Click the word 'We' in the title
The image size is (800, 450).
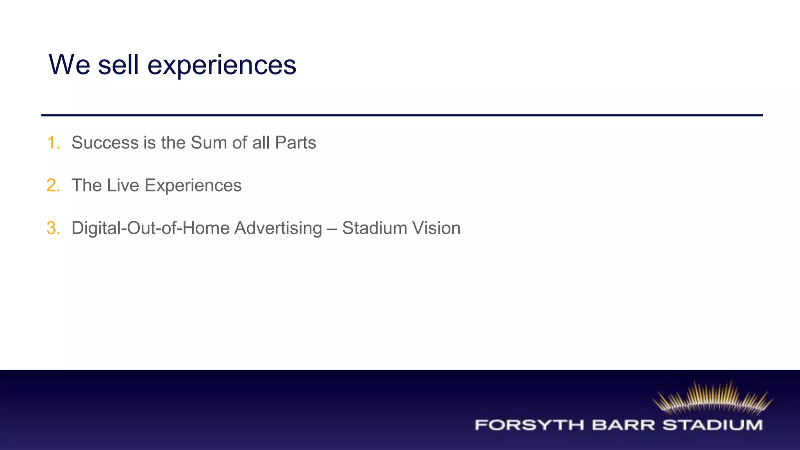click(70, 65)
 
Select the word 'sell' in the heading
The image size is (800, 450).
click(118, 65)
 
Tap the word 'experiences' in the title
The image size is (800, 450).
click(221, 66)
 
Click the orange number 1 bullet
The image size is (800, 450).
click(53, 143)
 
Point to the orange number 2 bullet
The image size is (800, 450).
click(53, 185)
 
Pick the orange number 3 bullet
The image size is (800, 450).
click(53, 228)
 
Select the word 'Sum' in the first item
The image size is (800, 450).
click(209, 143)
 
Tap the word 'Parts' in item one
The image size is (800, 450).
click(295, 143)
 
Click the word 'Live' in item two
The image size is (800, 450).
click(123, 185)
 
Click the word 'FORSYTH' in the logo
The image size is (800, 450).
click(529, 425)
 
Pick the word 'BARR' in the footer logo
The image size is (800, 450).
click(623, 425)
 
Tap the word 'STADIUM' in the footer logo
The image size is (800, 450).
click(712, 425)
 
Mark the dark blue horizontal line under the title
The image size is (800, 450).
click(402, 115)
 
